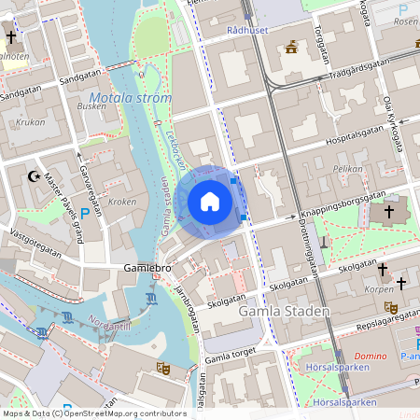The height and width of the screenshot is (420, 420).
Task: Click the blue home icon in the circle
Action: click(210, 202)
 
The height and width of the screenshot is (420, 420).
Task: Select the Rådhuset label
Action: click(249, 30)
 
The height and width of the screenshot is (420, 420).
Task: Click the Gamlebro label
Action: click(147, 268)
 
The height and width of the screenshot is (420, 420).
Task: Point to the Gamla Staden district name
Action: click(284, 311)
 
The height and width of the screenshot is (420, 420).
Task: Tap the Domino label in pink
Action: click(370, 357)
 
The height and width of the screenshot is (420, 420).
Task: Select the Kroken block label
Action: click(122, 201)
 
